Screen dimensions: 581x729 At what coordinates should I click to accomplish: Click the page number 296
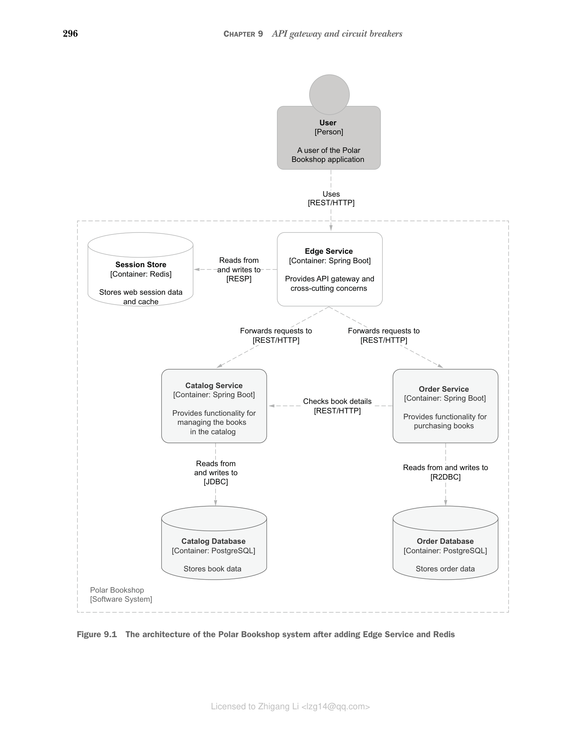point(71,34)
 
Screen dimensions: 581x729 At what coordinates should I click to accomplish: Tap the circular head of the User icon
point(329,95)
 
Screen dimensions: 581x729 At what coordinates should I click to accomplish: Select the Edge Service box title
point(329,251)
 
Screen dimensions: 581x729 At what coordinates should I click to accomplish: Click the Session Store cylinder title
point(141,265)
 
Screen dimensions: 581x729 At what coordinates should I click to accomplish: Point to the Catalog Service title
point(214,386)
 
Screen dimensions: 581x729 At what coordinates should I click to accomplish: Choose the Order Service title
point(444,389)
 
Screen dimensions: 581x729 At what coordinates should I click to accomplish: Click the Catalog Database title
point(213,541)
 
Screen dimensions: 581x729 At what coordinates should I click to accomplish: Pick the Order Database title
point(445,541)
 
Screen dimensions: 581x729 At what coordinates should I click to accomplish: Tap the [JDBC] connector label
point(216,482)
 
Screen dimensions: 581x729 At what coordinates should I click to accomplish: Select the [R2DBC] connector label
point(445,477)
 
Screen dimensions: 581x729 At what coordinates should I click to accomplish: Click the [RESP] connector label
point(239,279)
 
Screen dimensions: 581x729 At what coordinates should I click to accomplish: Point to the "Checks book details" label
point(337,402)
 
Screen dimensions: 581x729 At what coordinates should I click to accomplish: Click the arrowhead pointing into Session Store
point(197,270)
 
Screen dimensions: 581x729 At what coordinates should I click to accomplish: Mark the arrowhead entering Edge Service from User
point(331,228)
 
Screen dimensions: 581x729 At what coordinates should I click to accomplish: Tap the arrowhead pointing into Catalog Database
point(215,503)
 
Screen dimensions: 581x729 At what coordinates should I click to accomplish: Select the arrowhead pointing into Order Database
point(445,503)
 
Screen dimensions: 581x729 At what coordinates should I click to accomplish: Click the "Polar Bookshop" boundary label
point(117,590)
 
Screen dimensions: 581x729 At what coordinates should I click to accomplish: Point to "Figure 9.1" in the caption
point(97,634)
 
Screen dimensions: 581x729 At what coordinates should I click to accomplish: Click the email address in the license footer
point(336,707)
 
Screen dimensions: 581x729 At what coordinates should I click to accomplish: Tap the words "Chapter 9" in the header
point(243,34)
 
